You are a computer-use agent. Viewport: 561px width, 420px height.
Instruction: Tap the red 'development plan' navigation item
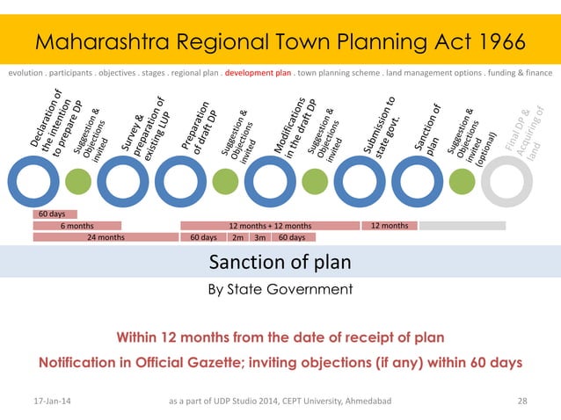click(x=258, y=73)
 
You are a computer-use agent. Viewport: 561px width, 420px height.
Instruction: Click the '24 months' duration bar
click(x=105, y=237)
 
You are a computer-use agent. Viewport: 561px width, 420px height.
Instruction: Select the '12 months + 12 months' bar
click(x=270, y=226)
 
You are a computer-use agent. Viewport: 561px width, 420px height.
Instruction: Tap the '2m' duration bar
click(x=237, y=237)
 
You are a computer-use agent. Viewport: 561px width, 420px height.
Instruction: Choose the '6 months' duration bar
click(x=76, y=226)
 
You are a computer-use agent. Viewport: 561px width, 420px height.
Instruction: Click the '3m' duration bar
click(x=259, y=237)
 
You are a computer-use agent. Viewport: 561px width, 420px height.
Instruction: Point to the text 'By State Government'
click(x=280, y=289)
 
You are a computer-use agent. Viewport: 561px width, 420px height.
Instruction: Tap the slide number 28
click(x=522, y=402)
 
